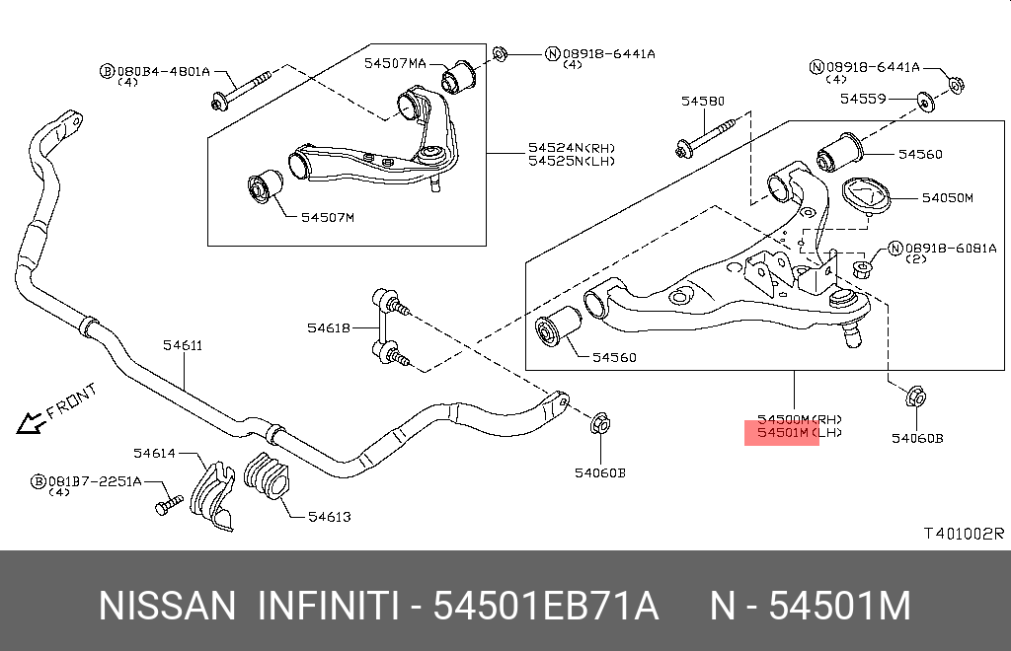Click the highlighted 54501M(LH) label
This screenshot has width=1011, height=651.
click(781, 432)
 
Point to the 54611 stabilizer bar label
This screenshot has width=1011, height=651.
click(183, 345)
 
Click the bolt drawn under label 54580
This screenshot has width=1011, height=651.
click(705, 135)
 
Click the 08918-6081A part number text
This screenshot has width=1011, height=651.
click(951, 249)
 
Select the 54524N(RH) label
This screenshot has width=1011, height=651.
click(571, 148)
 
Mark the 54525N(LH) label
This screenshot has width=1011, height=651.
click(571, 161)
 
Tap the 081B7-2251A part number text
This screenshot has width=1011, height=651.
click(95, 480)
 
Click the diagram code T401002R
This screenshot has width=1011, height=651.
click(963, 534)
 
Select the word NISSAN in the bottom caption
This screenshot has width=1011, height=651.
click(167, 606)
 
